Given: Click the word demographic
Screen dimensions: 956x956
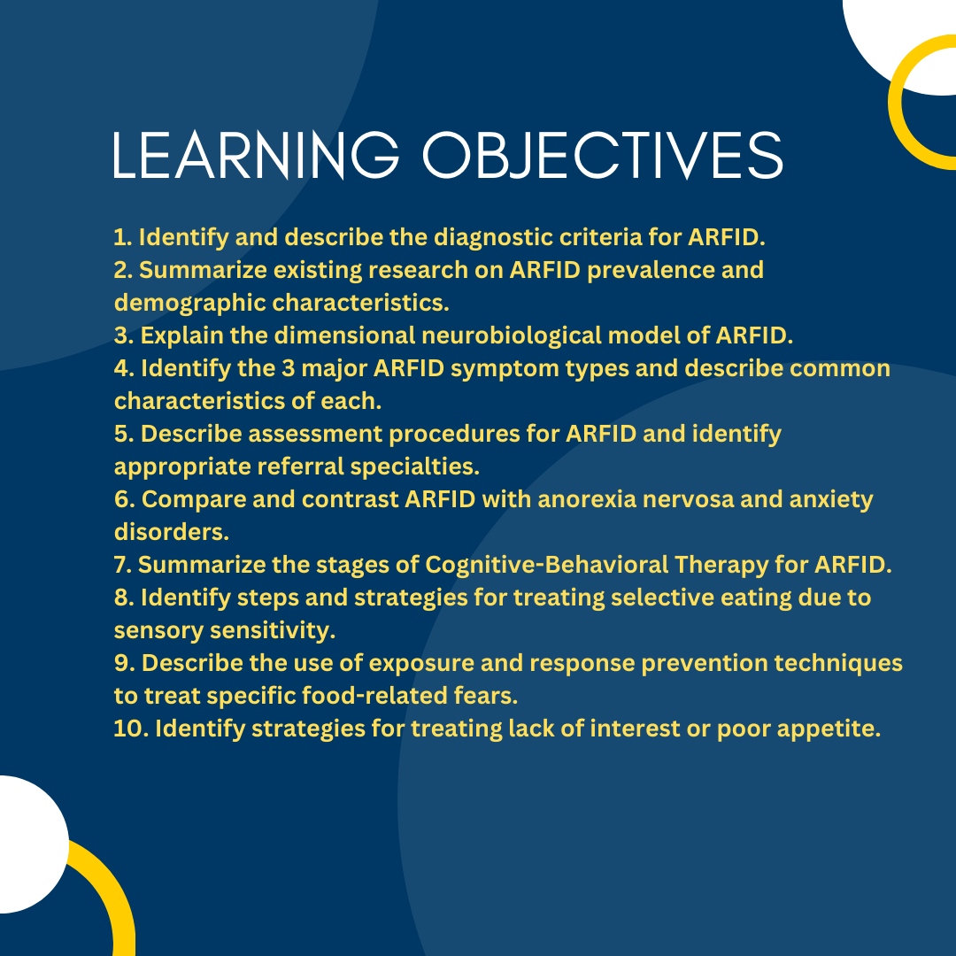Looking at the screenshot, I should (189, 303).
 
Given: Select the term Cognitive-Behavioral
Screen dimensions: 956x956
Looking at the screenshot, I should (546, 565).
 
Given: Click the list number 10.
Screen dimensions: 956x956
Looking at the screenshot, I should (129, 729).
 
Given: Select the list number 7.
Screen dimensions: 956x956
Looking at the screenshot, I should (122, 565).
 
